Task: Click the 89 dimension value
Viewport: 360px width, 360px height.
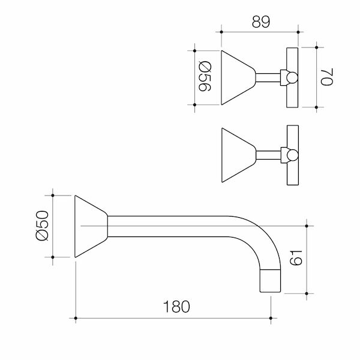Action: [x=260, y=21]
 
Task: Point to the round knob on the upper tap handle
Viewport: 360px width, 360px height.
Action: [x=290, y=78]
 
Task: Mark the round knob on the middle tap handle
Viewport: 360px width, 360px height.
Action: [x=290, y=155]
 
